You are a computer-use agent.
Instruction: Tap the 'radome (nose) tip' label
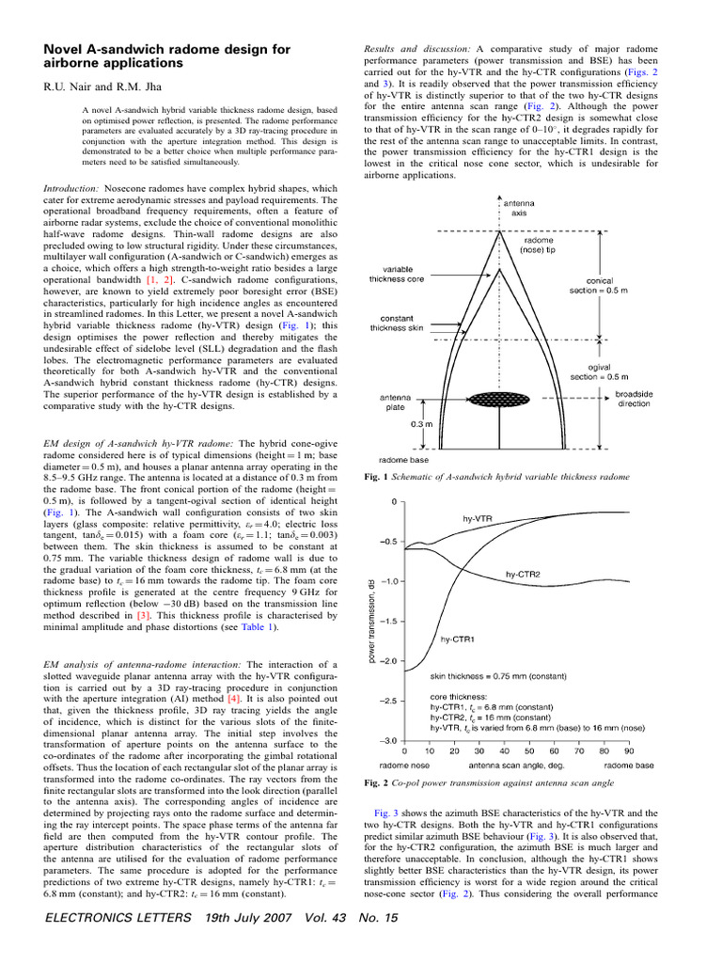pyautogui.click(x=539, y=245)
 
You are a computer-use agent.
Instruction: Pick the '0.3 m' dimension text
pyautogui.click(x=422, y=424)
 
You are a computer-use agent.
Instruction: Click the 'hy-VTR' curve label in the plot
pyautogui.click(x=478, y=518)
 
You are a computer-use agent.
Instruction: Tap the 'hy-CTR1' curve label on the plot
pyautogui.click(x=458, y=639)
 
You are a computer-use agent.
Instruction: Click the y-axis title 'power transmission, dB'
pyautogui.click(x=372, y=622)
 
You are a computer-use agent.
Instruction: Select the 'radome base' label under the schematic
pyautogui.click(x=404, y=461)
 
